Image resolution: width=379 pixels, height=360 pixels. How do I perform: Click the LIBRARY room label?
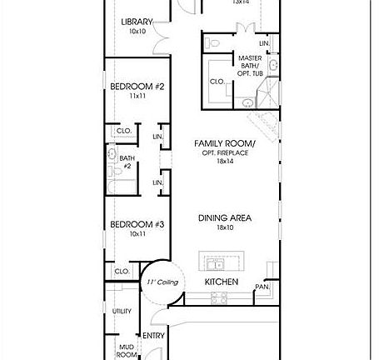pos(137,22)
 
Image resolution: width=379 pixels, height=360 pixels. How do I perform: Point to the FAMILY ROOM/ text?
pos(225,143)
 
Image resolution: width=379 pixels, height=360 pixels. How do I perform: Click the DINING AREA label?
pos(225,218)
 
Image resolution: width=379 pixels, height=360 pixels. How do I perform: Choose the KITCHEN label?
pos(222,282)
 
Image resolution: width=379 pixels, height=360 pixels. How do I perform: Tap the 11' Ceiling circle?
pos(157,283)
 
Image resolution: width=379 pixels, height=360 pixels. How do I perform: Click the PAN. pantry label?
pos(262,287)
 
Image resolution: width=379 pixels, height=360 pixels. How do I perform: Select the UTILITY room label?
pos(122,310)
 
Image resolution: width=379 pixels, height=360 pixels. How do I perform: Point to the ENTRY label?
pos(153,336)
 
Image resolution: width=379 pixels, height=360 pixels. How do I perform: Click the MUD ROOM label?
pos(127,349)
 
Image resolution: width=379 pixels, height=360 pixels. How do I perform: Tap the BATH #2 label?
pos(127,161)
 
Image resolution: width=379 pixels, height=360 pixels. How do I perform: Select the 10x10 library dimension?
pos(137,31)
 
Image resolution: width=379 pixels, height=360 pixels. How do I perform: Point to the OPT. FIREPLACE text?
pos(225,153)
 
